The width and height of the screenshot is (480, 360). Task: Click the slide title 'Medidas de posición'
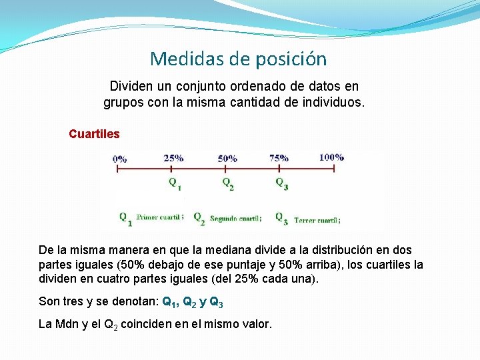tap(239, 59)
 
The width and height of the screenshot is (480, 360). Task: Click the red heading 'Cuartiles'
tap(94, 134)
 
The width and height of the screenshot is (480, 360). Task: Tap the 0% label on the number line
tap(120, 159)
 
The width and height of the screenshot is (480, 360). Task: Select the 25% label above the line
tap(173, 158)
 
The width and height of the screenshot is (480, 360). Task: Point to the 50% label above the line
tap(227, 159)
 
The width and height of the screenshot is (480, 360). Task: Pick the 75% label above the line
tap(279, 158)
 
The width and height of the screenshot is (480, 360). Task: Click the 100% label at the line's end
tap(331, 157)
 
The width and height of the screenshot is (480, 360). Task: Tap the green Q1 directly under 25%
tap(175, 182)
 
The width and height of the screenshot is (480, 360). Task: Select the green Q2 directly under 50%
tap(228, 183)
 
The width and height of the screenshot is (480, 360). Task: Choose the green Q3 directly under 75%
tap(282, 183)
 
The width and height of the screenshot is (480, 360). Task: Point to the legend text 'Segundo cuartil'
tap(235, 218)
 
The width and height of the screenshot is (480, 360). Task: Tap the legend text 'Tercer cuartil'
tap(316, 220)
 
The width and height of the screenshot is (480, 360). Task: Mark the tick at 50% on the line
tap(226, 169)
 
